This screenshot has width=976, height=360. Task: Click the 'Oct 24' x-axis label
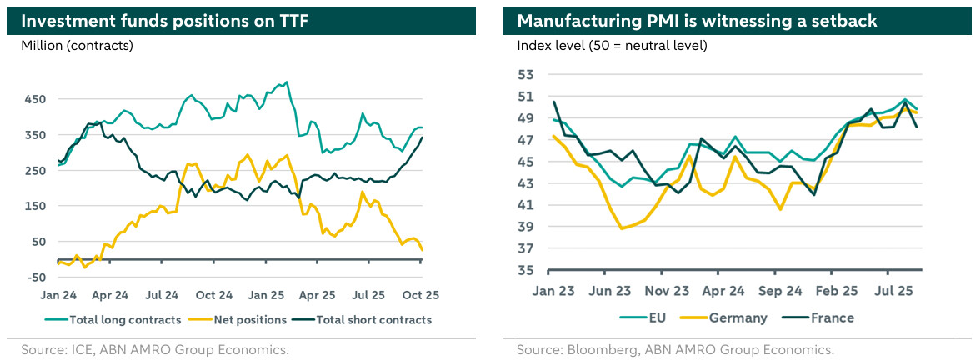pyautogui.click(x=214, y=295)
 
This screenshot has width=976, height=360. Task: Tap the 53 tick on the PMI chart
pyautogui.click(x=527, y=75)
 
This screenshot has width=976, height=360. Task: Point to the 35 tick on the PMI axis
pyautogui.click(x=527, y=270)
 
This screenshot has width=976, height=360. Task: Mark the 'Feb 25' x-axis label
pyautogui.click(x=836, y=292)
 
